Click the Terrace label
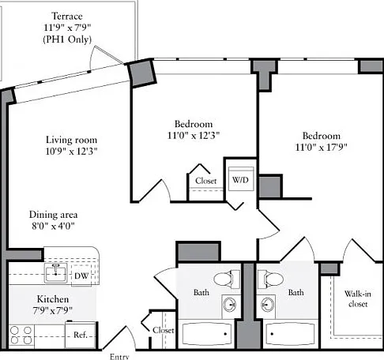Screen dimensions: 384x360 pos(67,16)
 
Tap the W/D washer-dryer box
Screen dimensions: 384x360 pos(241,178)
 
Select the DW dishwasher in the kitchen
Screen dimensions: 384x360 pos(81,276)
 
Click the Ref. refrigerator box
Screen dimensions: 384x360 pos(80,335)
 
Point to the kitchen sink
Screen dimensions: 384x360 pos(55,273)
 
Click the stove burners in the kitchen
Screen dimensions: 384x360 pos(21,336)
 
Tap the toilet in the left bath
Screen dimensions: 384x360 pos(227,279)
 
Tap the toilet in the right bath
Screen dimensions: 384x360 pos(270,279)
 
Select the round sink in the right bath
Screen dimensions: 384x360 pos(267,305)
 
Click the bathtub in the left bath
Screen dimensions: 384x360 pos(207,334)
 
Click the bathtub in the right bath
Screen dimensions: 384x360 pos(290,334)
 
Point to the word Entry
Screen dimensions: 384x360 pos(119,357)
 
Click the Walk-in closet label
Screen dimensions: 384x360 pos(358,298)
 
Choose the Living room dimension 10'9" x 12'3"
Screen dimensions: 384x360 pos(71,152)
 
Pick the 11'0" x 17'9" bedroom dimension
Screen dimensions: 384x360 pos(321,148)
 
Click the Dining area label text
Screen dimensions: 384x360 pos(53,215)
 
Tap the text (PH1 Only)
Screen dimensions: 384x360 pos(67,39)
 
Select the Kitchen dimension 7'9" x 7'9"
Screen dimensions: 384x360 pos(52,311)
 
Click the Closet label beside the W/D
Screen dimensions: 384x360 pos(206,181)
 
